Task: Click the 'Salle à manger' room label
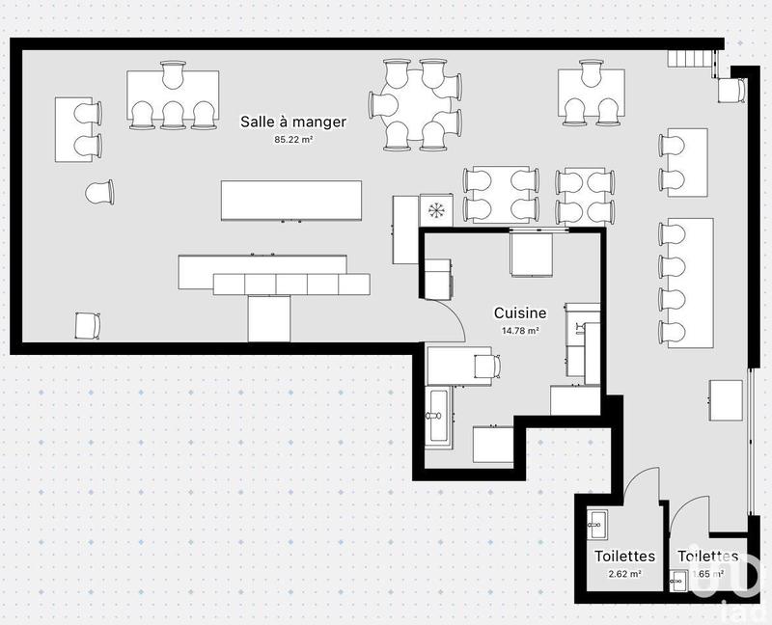click(293, 122)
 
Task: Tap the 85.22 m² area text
click(293, 139)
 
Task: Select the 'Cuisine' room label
click(520, 312)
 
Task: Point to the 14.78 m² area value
click(520, 330)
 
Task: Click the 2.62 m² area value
click(624, 574)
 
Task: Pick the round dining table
click(415, 105)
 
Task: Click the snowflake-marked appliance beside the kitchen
click(437, 211)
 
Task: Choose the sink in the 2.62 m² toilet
click(594, 527)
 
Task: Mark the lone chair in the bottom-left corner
click(87, 326)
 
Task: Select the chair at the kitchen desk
click(489, 366)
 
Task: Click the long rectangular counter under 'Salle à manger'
click(291, 200)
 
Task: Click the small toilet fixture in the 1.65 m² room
click(678, 579)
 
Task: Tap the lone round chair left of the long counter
click(99, 193)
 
